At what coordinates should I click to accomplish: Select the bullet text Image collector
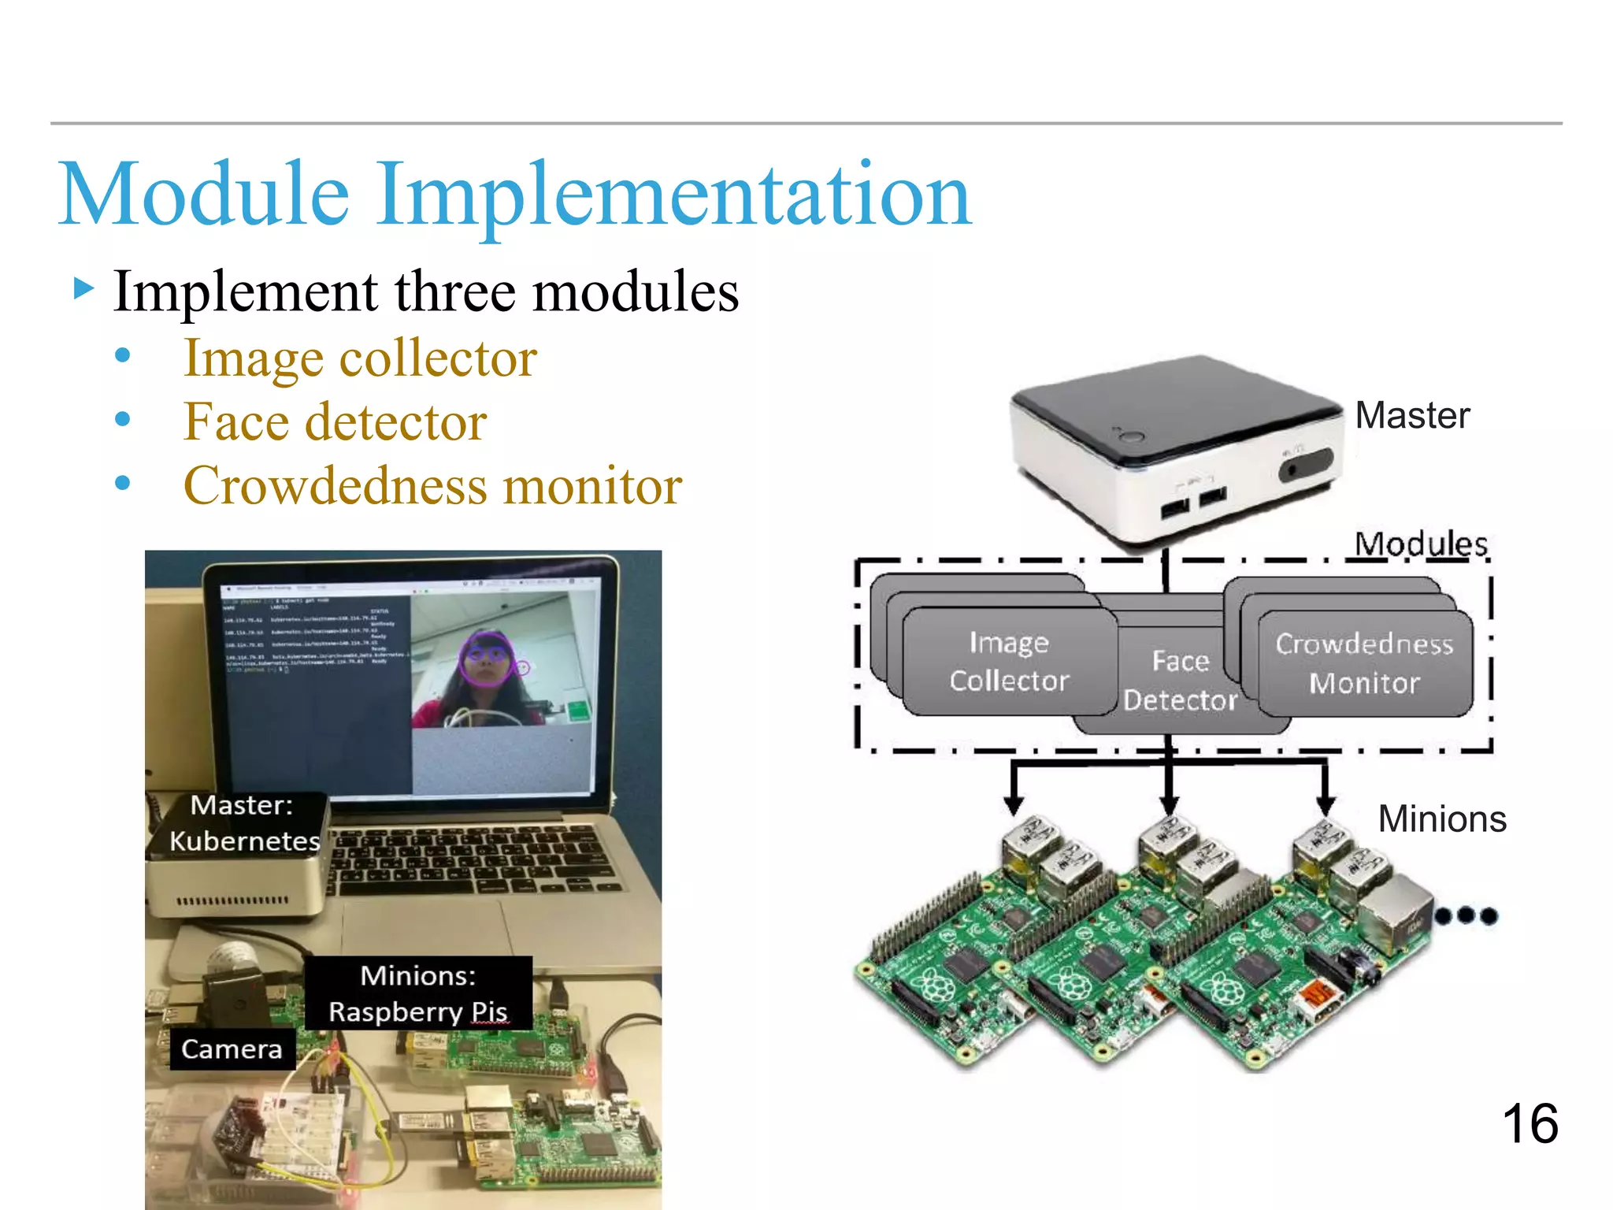tap(360, 359)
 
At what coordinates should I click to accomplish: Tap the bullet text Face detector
tap(335, 422)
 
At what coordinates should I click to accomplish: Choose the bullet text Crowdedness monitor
tap(432, 486)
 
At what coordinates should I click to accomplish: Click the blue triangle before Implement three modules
tap(83, 288)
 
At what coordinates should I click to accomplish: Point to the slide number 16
tap(1530, 1123)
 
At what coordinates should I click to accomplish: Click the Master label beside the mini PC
tap(1412, 415)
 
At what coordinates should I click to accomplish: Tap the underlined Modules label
tap(1421, 544)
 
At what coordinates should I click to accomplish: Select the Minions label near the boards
tap(1442, 819)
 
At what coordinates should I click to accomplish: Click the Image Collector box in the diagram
tap(1009, 662)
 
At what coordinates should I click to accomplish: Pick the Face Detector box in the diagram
tap(1179, 681)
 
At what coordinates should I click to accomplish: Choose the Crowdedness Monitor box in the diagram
tap(1364, 663)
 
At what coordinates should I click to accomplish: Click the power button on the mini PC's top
tap(1132, 436)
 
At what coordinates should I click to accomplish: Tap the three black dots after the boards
tap(1466, 915)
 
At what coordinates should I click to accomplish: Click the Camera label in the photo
tap(232, 1049)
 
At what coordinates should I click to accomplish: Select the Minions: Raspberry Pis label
tap(418, 993)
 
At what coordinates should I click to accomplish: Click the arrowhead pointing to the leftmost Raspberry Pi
tap(1014, 805)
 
